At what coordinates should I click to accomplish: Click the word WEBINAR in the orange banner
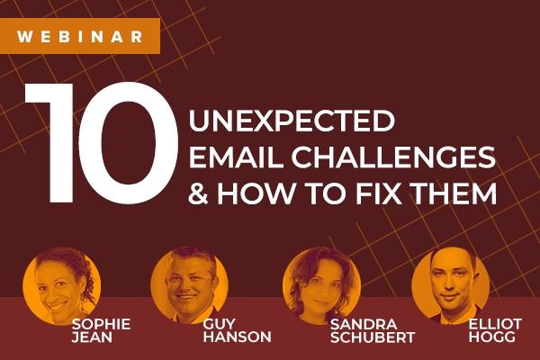click(79, 37)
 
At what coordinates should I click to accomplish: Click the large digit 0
click(128, 143)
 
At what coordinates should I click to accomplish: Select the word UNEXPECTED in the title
click(292, 121)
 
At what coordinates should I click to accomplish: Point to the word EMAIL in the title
click(236, 157)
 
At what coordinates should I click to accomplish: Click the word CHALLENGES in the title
click(393, 157)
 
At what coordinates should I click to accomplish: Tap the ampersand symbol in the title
click(198, 193)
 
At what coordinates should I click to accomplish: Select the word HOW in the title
click(256, 193)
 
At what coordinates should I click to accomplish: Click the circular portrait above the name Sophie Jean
click(62, 286)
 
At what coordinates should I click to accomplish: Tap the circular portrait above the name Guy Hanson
click(189, 285)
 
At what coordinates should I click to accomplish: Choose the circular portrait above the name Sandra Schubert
click(321, 286)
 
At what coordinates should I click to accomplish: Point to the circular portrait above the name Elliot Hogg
click(451, 285)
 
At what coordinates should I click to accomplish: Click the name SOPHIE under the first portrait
click(101, 324)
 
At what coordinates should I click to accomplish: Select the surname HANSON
click(238, 337)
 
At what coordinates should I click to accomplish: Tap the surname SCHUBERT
click(373, 337)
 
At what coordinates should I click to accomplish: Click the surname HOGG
click(492, 337)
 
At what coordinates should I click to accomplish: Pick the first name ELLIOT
click(496, 324)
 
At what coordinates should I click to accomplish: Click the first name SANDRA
click(364, 325)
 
